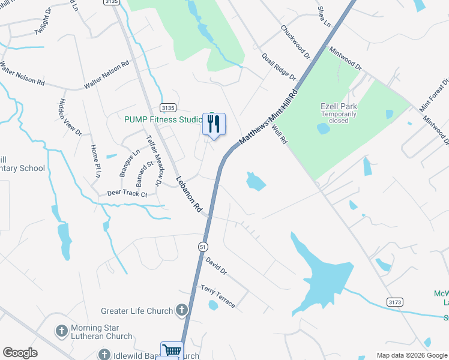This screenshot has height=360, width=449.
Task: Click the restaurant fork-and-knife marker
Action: (214, 124)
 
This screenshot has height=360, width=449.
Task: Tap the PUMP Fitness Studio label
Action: (163, 119)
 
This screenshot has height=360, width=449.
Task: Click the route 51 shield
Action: (204, 246)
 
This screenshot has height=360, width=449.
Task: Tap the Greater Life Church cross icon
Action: (182, 311)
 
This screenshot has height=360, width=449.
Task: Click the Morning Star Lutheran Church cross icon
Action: (61, 331)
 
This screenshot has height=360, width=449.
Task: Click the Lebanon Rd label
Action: (188, 197)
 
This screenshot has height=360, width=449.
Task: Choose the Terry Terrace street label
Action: (218, 296)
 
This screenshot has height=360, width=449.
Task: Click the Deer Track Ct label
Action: (127, 194)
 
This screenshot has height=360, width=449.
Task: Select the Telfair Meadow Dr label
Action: (155, 160)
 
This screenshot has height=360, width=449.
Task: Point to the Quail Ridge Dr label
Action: (279, 67)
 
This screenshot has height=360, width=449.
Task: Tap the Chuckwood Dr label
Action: (295, 41)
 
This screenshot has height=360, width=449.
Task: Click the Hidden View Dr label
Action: (70, 117)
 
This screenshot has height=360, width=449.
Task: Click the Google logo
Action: (20, 353)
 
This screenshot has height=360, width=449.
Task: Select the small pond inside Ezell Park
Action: (323, 128)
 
